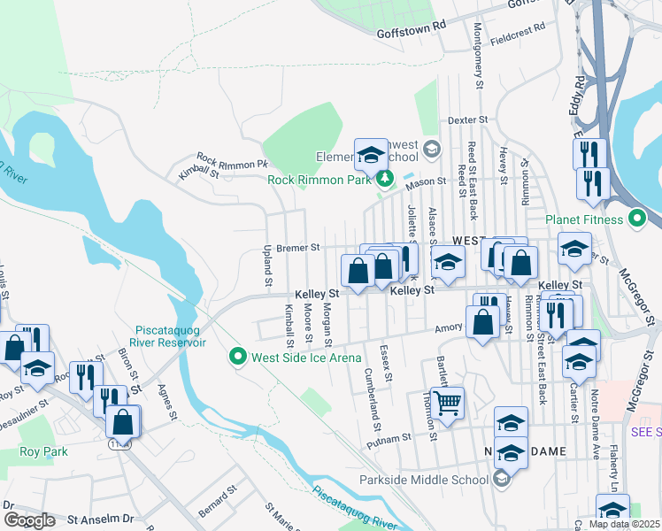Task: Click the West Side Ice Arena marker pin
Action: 237,358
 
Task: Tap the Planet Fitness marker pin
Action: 637,219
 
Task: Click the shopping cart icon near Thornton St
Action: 448,404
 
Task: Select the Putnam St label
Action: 394,437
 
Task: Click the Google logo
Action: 29,520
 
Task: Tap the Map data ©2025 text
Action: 624,524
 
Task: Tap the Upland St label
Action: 266,266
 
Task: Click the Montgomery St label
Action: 478,67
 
